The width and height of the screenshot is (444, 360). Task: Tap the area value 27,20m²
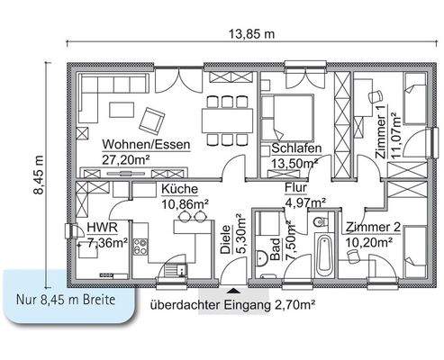click(x=125, y=158)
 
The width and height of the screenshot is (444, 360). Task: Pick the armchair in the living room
click(x=154, y=117)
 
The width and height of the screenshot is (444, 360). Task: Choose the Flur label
click(x=296, y=189)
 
